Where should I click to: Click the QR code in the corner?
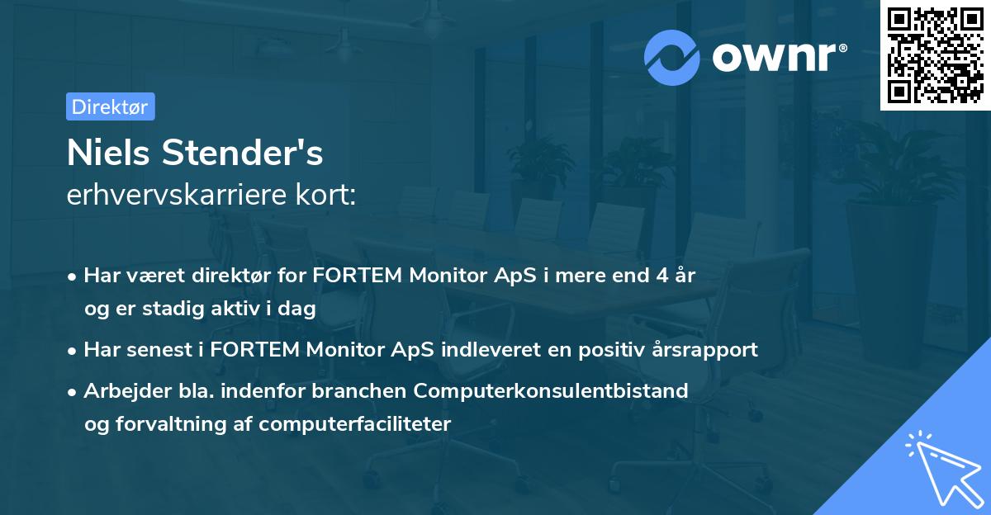pos(936,55)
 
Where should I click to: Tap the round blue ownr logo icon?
pos(673,58)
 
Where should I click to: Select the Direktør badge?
pos(110,106)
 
